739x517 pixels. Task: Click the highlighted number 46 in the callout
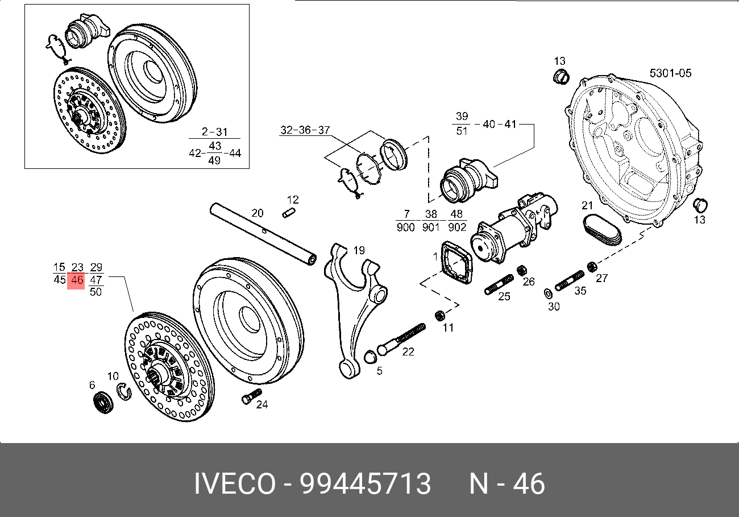pos(76,280)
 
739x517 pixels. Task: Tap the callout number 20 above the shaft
pos(258,213)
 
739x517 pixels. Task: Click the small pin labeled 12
pos(289,213)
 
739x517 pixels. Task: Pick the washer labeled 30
pos(549,293)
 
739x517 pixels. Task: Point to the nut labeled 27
pos(591,266)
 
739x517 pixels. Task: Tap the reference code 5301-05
pos(670,73)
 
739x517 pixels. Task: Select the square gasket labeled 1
pos(458,263)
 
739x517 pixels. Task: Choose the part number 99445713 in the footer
pos(365,485)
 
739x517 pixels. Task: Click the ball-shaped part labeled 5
pos(369,357)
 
